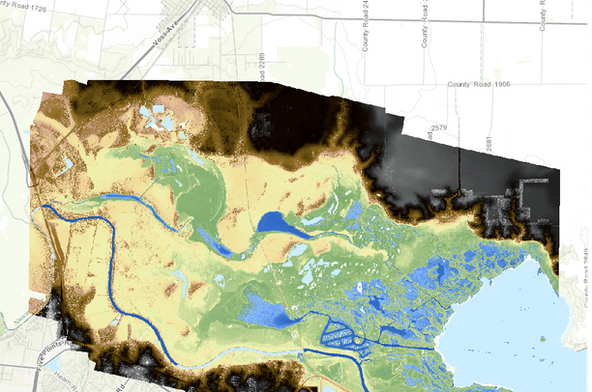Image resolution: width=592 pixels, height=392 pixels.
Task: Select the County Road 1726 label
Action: [x=24, y=7]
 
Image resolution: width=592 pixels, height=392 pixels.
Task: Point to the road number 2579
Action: [x=438, y=126]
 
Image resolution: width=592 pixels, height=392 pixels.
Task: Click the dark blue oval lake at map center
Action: [x=281, y=224]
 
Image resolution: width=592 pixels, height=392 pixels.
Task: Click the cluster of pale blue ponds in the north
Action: [x=155, y=119]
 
